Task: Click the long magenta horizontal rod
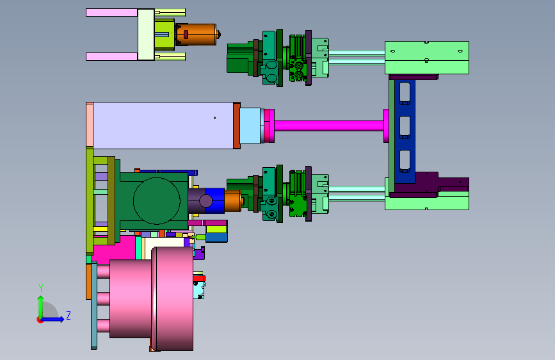(329, 126)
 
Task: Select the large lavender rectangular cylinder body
(163, 126)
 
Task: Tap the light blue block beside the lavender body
(250, 126)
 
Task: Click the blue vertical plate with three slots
(405, 131)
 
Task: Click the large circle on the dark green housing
(157, 201)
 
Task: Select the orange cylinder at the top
(197, 35)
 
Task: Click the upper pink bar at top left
(112, 13)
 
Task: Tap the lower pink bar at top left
(112, 57)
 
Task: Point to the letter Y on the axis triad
(41, 288)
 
